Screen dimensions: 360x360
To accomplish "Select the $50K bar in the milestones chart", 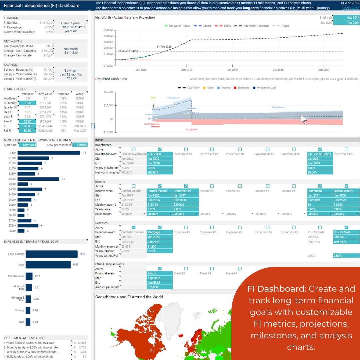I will (49, 153).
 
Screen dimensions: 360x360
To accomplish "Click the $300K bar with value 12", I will (38, 179).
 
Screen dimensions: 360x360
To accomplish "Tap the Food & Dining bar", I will (51, 254).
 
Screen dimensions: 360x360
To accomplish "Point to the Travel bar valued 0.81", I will (48, 265).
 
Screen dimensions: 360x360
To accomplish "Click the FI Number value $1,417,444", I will (46, 23).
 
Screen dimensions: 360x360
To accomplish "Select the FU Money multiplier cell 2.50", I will (27, 103).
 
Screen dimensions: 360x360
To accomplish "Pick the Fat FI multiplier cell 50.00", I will (27, 131).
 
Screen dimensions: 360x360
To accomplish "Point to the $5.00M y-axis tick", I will (108, 30).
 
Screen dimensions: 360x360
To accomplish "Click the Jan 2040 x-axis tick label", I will (232, 70).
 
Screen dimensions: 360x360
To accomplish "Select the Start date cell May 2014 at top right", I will (346, 18).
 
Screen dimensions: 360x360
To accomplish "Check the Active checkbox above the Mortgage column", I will (160, 228).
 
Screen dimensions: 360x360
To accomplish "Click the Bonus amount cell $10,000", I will (160, 287).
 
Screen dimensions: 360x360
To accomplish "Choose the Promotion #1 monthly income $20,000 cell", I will (186, 205).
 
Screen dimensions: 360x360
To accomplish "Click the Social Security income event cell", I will (346, 191).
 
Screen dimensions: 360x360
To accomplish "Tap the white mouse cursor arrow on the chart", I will (303, 119).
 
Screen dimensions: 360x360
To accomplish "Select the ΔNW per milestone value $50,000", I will (82, 145).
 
